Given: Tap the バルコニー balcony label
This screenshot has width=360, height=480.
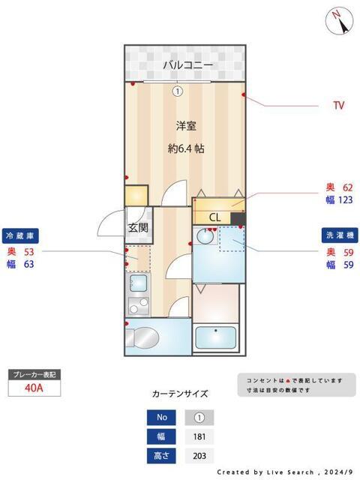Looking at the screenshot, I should [188, 66].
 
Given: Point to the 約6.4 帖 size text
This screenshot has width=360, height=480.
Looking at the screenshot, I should [186, 148].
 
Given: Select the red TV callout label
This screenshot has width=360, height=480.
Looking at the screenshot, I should [339, 106].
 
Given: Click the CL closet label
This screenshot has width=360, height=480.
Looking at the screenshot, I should [215, 217].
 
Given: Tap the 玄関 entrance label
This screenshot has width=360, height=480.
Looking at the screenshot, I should [137, 228].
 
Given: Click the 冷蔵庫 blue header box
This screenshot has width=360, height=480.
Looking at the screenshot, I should [20, 234].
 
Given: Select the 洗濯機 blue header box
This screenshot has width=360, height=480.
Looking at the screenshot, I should [339, 234].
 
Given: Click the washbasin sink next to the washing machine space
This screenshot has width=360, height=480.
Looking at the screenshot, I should [204, 238].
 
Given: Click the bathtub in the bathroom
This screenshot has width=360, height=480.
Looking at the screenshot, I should [216, 338].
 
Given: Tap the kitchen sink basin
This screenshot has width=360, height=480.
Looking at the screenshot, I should [138, 283].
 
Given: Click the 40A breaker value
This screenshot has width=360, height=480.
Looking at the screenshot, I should [34, 388].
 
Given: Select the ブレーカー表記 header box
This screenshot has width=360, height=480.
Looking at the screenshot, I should [34, 373].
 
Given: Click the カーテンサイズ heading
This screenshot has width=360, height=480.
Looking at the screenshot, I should [180, 393].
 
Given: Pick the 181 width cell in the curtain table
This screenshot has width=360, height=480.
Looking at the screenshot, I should [199, 436].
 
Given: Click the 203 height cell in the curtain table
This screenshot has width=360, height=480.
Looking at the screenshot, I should [199, 455].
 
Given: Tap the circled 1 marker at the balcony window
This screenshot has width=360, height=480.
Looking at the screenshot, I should [177, 91].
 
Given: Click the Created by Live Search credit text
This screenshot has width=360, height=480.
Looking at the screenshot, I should [284, 472].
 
